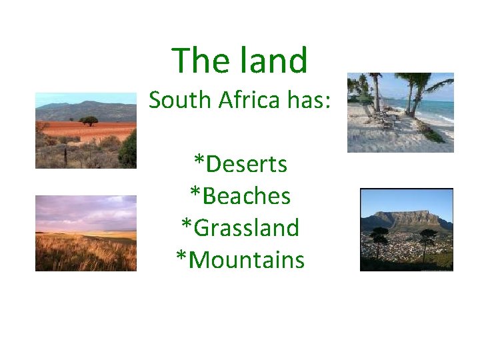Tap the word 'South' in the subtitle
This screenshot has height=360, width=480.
point(175,100)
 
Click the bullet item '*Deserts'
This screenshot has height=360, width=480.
point(240,163)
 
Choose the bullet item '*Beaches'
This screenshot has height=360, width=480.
point(240,195)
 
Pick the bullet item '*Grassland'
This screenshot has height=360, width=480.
point(240,227)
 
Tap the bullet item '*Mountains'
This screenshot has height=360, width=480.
point(240,259)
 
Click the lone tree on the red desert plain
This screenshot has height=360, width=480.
point(88,121)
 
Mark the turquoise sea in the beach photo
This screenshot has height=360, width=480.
point(437,107)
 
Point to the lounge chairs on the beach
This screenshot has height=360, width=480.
point(383,117)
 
